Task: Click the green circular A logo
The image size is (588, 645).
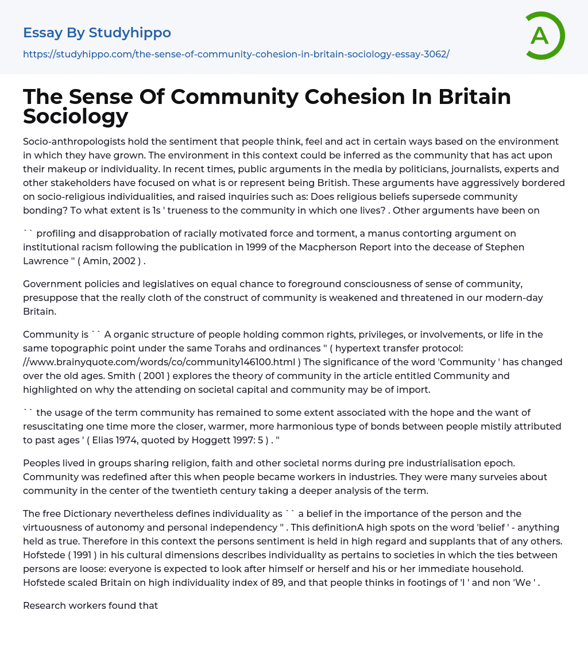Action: point(544,36)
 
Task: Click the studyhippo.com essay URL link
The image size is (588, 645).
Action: point(236,54)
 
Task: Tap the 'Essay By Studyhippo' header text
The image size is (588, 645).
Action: point(97,33)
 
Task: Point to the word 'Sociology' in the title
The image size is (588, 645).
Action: point(76,116)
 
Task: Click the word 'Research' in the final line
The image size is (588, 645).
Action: point(45,605)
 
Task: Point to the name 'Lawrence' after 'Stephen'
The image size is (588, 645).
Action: point(45,261)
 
